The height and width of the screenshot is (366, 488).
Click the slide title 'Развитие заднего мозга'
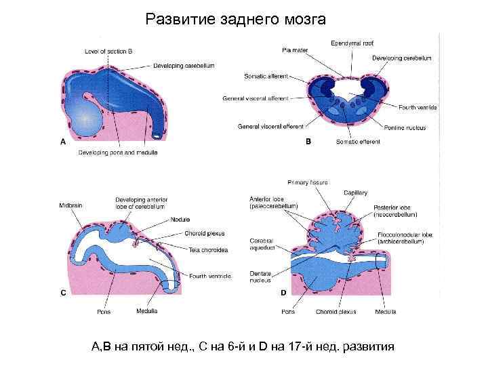(236, 20)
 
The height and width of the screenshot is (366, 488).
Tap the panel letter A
(63, 142)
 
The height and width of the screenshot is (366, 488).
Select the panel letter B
(308, 142)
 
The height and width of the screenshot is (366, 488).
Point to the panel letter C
(63, 293)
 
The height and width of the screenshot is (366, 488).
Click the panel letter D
(283, 293)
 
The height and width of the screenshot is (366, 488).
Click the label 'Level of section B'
(108, 51)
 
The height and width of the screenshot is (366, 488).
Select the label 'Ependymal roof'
(352, 43)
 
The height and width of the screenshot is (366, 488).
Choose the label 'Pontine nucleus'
(417, 126)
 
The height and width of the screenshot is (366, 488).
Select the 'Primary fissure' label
(308, 182)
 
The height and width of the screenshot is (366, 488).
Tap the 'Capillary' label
(355, 193)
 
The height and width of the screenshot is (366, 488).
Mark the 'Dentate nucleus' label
(260, 276)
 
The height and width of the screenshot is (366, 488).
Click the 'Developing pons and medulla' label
(118, 152)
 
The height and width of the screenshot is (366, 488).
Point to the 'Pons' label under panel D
(288, 312)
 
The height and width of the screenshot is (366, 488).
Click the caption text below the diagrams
(243, 347)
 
